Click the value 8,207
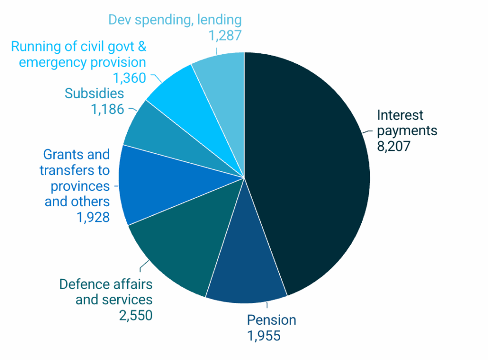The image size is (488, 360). coord(394,146)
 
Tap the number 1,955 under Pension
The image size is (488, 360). coord(264,335)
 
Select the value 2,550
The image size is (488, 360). coord(136,315)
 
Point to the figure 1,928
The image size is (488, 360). coord(93,217)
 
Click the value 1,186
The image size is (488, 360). coord(107,109)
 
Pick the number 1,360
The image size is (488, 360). coord(129,78)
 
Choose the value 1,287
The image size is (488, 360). coord(225,35)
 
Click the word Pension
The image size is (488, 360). coord(271,320)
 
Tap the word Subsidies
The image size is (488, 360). coord(94,93)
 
